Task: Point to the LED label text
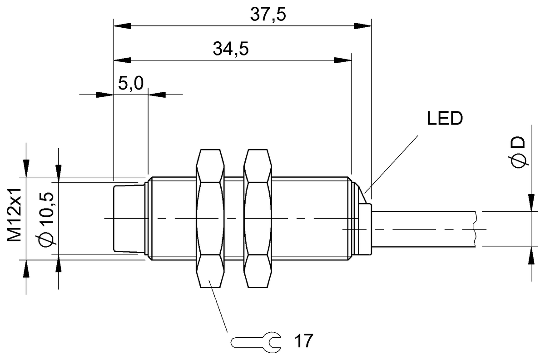pyautogui.click(x=445, y=119)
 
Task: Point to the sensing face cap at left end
pyautogui.click(x=129, y=218)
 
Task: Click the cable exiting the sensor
pyautogui.click(x=422, y=229)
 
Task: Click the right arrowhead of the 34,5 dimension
pyautogui.click(x=344, y=60)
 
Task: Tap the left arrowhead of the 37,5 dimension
pyautogui.click(x=121, y=26)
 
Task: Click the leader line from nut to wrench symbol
pyautogui.click(x=218, y=307)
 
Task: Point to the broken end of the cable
pyautogui.click(x=475, y=229)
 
